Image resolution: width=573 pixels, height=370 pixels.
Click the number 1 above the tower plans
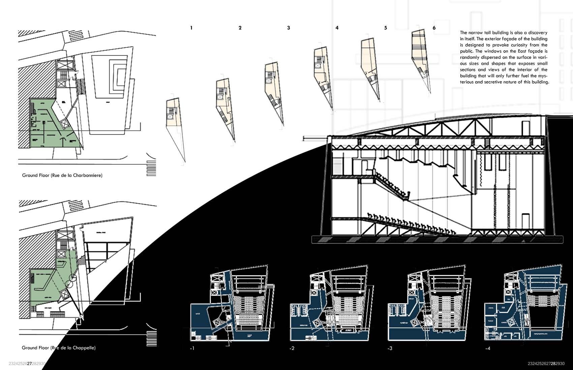click(191, 28)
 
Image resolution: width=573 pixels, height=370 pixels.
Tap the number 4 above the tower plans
click(337, 28)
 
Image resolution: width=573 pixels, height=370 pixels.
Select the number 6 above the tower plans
click(434, 28)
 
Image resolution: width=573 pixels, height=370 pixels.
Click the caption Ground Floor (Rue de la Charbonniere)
click(62, 175)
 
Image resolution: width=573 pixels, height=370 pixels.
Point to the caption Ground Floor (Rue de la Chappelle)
click(59, 348)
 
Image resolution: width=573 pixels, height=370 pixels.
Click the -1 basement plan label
click(192, 348)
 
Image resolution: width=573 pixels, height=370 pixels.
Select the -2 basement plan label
click(292, 348)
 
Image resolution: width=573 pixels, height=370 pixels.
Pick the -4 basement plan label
click(488, 348)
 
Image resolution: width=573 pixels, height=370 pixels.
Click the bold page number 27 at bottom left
click(29, 364)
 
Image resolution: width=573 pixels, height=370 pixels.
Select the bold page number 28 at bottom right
click(554, 364)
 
